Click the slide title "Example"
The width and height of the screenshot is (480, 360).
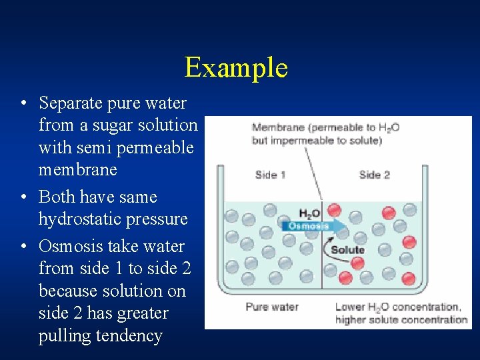(236, 67)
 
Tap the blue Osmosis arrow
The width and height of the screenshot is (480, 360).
(313, 226)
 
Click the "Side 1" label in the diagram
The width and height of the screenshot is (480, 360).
(270, 175)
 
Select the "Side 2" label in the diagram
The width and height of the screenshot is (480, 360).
(374, 175)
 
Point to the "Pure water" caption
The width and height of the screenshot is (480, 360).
(271, 307)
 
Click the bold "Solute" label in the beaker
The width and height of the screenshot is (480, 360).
(347, 250)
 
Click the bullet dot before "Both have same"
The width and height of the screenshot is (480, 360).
(24, 198)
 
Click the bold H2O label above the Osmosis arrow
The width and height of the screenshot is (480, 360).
(309, 214)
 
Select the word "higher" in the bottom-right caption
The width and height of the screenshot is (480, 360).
(349, 319)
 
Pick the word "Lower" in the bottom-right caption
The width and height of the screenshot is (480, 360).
(349, 307)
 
